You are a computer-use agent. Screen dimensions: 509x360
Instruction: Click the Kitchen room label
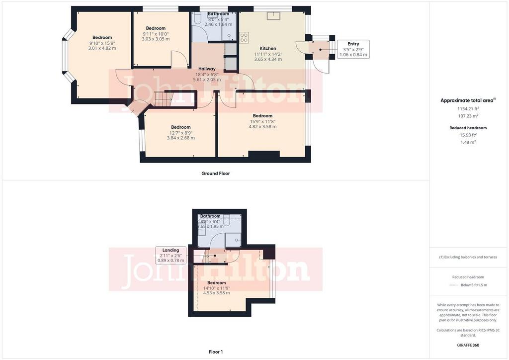[x=268, y=48]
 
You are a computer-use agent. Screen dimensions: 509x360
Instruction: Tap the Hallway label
[x=207, y=69]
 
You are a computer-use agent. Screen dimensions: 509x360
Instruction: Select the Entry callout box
[x=353, y=49]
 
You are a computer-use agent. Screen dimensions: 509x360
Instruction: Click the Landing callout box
[x=171, y=255]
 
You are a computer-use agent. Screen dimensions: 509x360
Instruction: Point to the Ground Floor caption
[x=216, y=174]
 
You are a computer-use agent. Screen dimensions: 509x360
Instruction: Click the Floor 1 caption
[x=216, y=352]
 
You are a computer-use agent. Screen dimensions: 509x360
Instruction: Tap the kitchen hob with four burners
[x=244, y=37]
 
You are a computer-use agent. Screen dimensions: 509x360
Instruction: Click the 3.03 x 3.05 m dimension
[x=156, y=39]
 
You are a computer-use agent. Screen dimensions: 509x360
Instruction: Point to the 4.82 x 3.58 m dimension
[x=262, y=127]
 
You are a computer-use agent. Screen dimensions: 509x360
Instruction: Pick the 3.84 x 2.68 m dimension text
[x=181, y=138]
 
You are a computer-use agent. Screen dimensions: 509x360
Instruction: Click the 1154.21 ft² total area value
[x=468, y=109]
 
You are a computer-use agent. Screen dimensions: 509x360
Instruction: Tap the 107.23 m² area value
[x=468, y=116]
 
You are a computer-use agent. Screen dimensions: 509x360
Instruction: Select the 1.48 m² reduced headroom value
[x=468, y=142]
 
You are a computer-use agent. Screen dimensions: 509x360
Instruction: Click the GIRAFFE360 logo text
[x=468, y=345]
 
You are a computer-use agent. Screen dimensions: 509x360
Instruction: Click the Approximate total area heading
[x=468, y=100]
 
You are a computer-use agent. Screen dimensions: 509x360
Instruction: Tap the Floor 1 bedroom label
[x=217, y=283]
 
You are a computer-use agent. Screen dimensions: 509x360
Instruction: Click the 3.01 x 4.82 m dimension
[x=102, y=48]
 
